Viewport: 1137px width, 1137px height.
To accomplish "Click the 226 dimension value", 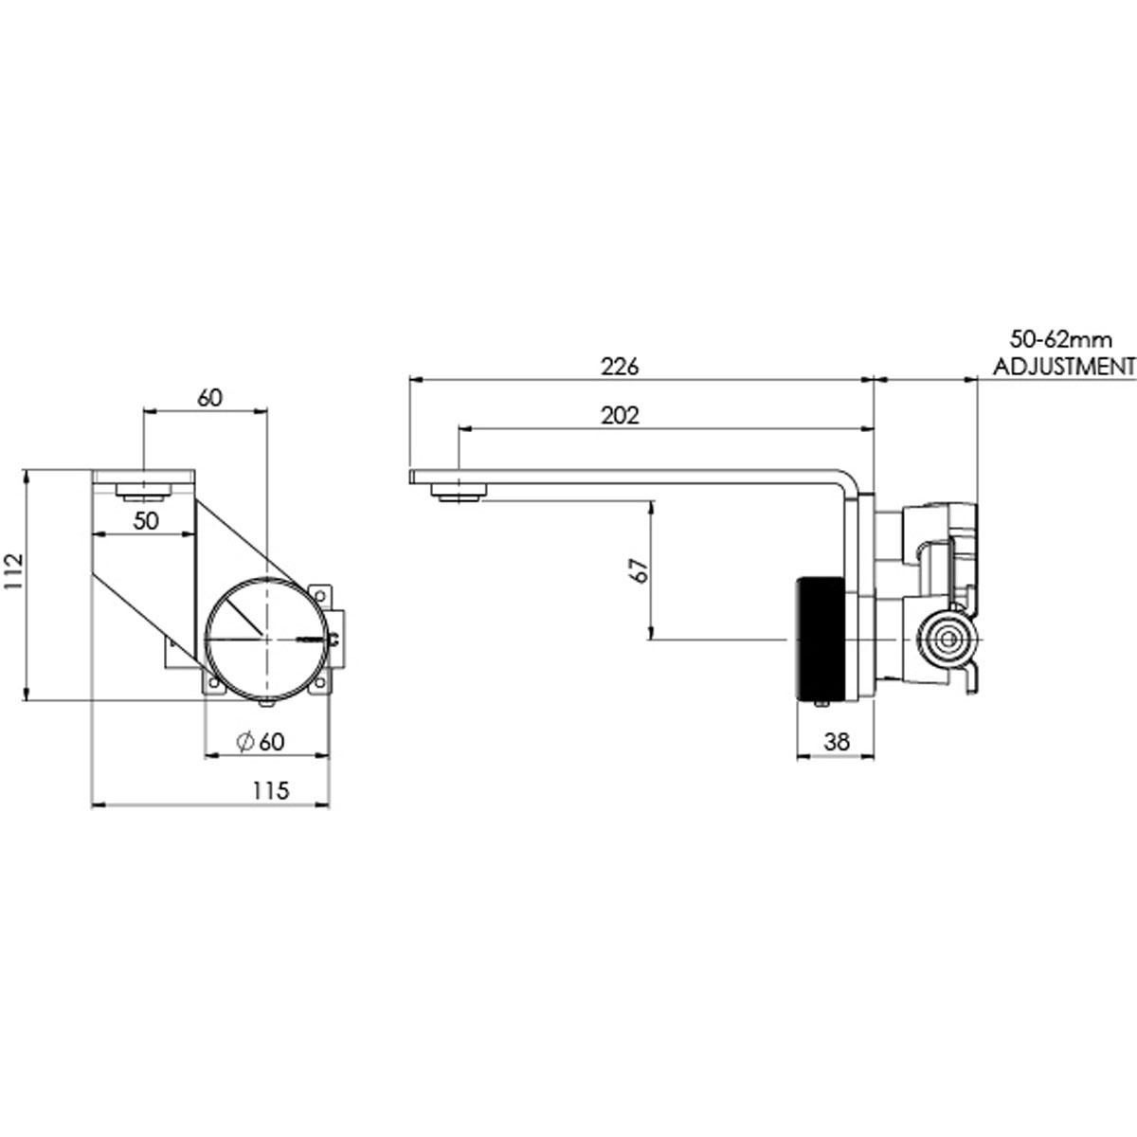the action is pos(620,367).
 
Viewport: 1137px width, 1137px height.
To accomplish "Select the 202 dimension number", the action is pos(620,416).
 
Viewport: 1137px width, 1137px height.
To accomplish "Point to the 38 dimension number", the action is pos(837,741).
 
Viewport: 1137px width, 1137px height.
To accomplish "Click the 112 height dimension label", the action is pos(13,571).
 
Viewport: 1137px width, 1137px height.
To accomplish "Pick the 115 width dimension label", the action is pos(271,790).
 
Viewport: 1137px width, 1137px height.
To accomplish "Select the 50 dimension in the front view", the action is pos(146,520).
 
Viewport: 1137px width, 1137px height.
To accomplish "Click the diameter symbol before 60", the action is pos(244,742).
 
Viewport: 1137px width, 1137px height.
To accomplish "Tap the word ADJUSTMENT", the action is pos(1064,367).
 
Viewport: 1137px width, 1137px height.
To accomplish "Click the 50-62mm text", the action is pos(1061,340).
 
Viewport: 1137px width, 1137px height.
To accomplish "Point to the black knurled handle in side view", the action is pos(821,639).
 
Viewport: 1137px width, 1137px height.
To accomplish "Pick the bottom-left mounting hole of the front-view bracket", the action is pos(213,683).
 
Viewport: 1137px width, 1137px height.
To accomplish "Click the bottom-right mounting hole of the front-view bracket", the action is pos(320,682).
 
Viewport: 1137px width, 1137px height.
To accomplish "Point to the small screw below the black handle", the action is pos(821,703).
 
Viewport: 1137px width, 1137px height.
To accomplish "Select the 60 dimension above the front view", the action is pos(209,398).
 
